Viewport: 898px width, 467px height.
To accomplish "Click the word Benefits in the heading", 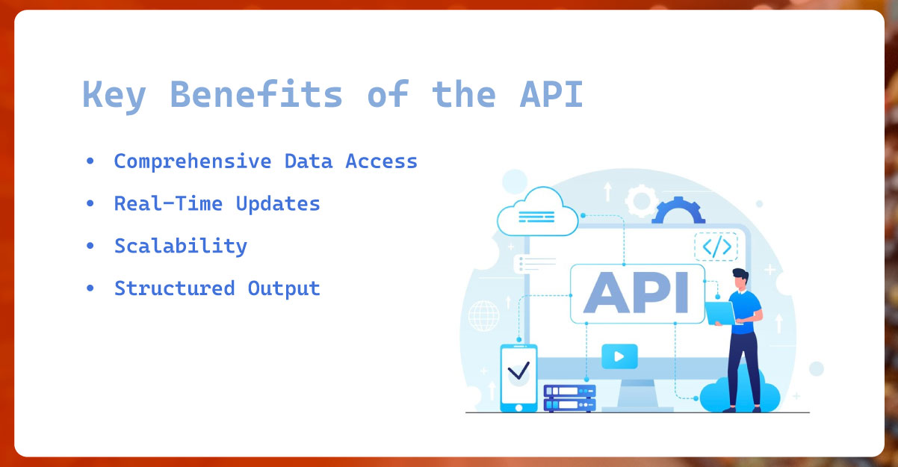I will tap(256, 96).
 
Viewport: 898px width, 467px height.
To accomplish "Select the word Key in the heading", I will tap(114, 96).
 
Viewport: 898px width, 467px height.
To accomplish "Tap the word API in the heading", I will tap(550, 96).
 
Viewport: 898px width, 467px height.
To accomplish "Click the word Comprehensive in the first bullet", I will tap(193, 161).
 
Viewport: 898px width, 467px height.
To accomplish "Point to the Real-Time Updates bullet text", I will tap(217, 203).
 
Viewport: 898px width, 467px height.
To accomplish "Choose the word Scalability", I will tap(180, 246).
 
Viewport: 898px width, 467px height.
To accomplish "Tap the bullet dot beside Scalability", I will tap(90, 246).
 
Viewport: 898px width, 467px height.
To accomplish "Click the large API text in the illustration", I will tap(636, 293).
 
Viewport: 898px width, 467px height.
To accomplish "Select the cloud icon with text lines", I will tap(537, 211).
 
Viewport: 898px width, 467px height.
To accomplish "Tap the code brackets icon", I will tap(716, 247).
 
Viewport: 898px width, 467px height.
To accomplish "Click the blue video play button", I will tap(619, 356).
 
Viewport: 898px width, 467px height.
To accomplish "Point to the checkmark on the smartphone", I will tap(518, 369).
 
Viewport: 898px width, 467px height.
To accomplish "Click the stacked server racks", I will tap(569, 398).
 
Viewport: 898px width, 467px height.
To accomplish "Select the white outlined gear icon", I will tap(640, 200).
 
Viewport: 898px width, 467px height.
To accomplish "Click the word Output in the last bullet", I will tap(284, 288).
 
